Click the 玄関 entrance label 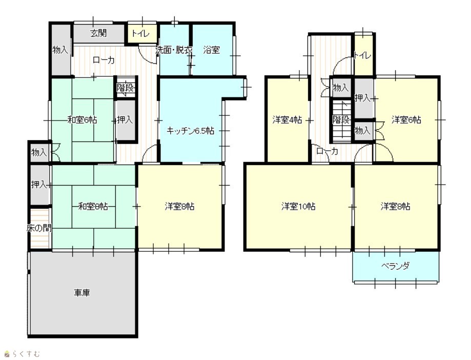[x=98, y=33]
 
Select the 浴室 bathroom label [x=212, y=50]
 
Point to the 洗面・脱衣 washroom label [x=174, y=50]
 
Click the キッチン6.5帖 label [x=190, y=131]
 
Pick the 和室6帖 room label [x=83, y=120]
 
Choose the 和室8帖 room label [x=93, y=207]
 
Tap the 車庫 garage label [x=82, y=292]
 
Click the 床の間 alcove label [x=39, y=228]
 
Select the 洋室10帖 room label [x=298, y=207]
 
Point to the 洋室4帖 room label [x=287, y=120]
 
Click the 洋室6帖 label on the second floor [x=406, y=120]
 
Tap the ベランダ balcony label [x=395, y=266]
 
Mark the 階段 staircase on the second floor [x=341, y=120]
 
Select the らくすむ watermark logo [x=23, y=354]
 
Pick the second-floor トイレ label [x=363, y=55]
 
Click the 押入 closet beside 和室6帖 [x=125, y=120]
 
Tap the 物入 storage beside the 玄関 [x=60, y=50]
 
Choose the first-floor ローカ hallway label [x=104, y=60]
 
